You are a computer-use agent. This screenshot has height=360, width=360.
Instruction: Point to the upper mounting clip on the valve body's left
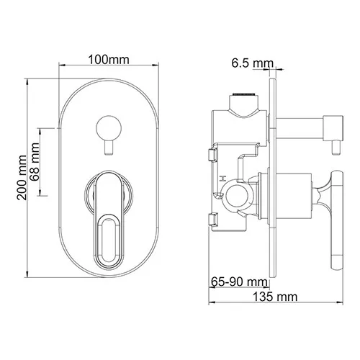(212, 153)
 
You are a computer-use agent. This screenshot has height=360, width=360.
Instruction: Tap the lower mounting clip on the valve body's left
(212, 220)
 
